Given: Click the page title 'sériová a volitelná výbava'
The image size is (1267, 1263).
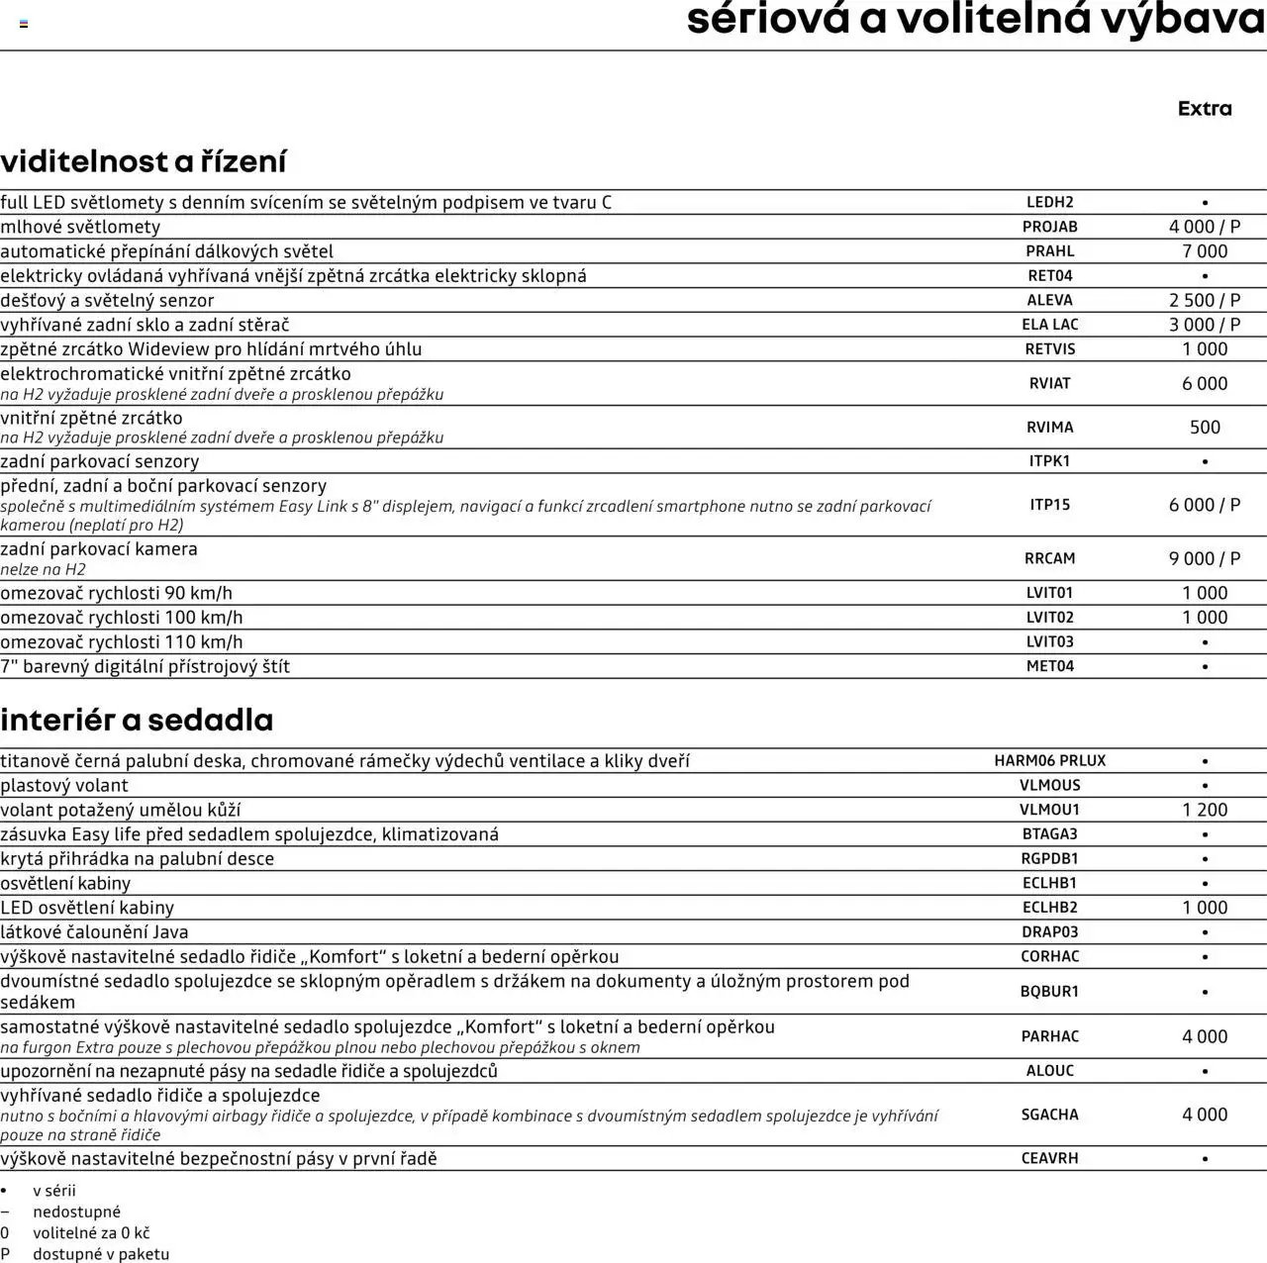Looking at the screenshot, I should (975, 20).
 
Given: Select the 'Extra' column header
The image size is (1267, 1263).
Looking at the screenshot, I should (1205, 109).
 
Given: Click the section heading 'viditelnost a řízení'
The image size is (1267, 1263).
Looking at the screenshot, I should (144, 161).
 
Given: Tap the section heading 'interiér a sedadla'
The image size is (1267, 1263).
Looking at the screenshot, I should (137, 720).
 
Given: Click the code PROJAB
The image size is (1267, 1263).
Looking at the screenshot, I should (1049, 227).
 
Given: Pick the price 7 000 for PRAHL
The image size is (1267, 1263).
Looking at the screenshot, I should (1205, 251).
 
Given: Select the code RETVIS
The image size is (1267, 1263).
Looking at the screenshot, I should (1049, 349).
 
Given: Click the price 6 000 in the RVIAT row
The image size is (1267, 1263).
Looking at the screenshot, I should (1205, 384).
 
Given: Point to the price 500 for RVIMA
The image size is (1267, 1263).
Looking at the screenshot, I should (1205, 428).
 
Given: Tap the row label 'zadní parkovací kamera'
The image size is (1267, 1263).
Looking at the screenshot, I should (99, 549).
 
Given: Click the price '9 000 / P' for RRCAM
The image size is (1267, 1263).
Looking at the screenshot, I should (1205, 559).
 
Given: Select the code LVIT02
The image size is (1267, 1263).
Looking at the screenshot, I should (1049, 618).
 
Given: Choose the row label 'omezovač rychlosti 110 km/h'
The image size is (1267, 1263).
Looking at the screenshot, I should (122, 642).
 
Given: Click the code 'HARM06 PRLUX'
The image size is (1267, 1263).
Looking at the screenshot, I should (1049, 761).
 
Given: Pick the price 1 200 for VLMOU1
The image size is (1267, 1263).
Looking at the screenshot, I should (1205, 810).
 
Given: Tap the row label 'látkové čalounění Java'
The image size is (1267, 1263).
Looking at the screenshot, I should (94, 932).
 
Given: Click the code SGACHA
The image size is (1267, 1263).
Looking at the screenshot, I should (1049, 1115).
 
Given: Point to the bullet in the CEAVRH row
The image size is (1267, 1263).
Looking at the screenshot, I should (1205, 1159).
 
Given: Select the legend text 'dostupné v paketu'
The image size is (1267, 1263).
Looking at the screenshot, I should (101, 1254).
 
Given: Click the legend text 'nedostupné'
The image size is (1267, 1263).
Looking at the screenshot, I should (76, 1212).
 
